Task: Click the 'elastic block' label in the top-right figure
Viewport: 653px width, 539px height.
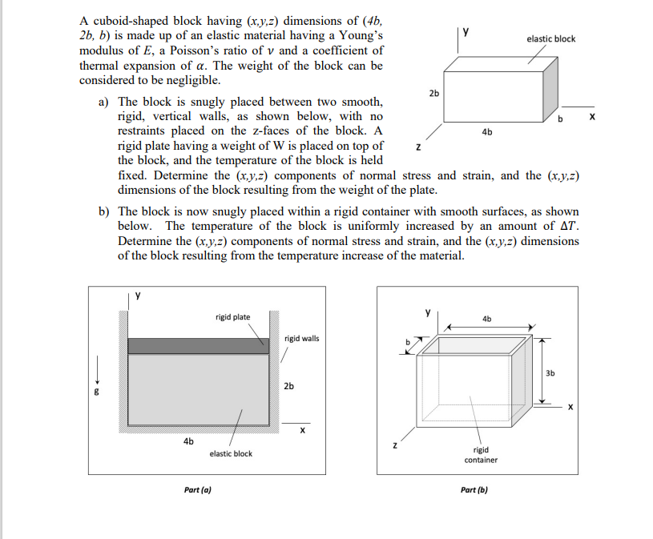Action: [x=550, y=38]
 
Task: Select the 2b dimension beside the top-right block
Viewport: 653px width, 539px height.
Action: [x=433, y=93]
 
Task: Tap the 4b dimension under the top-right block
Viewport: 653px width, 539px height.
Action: [x=487, y=132]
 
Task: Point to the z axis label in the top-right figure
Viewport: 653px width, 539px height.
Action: [x=417, y=147]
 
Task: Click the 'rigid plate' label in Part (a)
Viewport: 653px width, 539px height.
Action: [x=232, y=317]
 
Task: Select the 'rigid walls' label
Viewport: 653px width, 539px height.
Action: [x=301, y=338]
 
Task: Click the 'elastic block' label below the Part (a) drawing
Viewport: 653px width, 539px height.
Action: [x=231, y=453]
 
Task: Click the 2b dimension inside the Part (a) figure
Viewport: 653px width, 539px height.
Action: [x=289, y=386]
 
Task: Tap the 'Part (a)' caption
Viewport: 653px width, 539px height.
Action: [x=198, y=489]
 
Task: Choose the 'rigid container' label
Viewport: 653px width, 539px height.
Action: [x=481, y=455]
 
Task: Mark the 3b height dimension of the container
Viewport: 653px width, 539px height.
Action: [x=549, y=372]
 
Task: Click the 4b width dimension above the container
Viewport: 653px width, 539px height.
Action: [x=487, y=319]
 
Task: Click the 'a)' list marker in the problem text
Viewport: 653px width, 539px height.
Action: [x=104, y=102]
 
